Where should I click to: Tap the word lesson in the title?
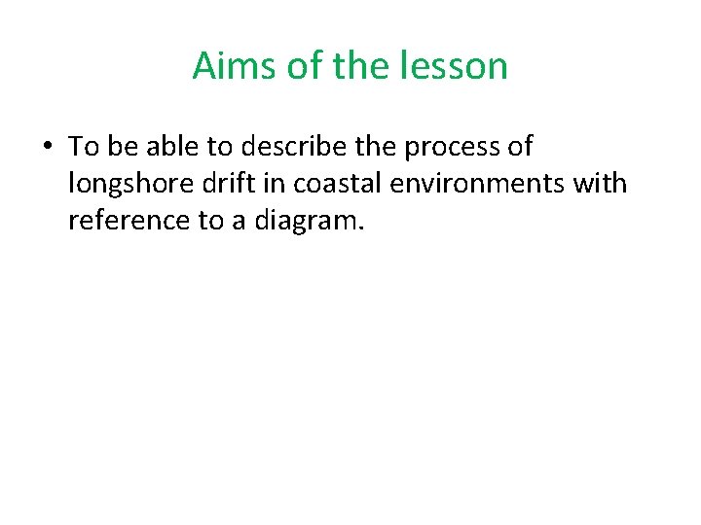click(x=462, y=66)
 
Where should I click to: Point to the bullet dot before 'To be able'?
click(x=47, y=147)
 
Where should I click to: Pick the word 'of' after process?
click(x=520, y=147)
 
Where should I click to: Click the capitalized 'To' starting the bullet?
click(x=84, y=147)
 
